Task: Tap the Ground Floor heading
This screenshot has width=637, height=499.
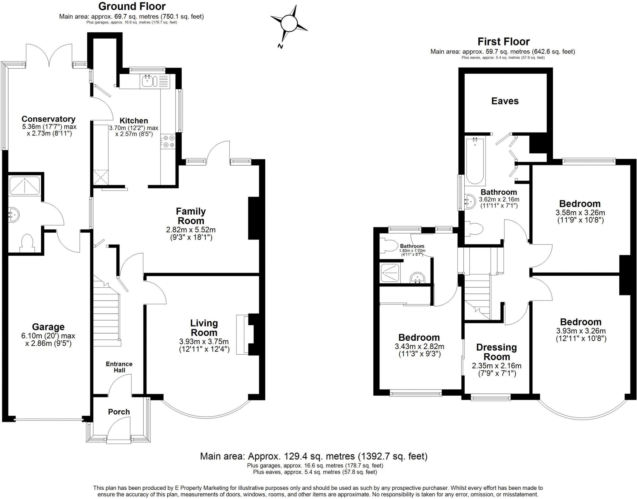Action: click(x=132, y=6)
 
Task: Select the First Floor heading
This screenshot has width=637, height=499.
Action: click(x=504, y=41)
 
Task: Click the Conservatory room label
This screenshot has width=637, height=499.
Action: click(x=49, y=119)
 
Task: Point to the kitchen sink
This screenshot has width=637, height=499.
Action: click(x=147, y=81)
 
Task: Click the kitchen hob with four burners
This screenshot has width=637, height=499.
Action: click(x=168, y=141)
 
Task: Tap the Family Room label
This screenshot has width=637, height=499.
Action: click(x=191, y=216)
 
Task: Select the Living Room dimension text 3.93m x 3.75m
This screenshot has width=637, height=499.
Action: click(x=204, y=341)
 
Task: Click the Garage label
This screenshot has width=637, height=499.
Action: click(x=48, y=327)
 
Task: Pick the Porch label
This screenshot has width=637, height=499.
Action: click(x=119, y=412)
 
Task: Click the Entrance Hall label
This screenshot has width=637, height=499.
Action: click(x=119, y=367)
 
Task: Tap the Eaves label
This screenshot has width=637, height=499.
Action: click(x=505, y=101)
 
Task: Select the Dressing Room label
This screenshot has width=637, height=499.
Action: click(x=496, y=352)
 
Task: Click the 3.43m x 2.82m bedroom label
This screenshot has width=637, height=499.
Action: click(x=419, y=338)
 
